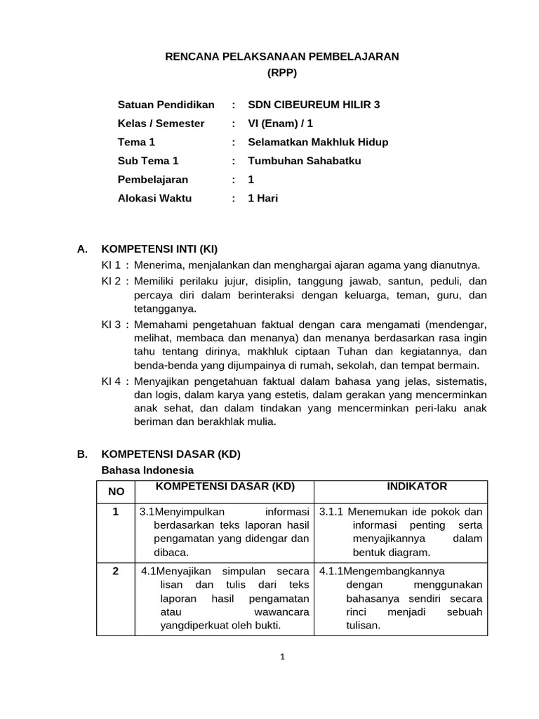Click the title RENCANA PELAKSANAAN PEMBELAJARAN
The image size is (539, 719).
[x=281, y=56]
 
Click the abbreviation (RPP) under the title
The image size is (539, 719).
[x=282, y=72]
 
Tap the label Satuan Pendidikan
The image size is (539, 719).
[x=166, y=105]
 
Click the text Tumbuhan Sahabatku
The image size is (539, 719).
[x=305, y=161]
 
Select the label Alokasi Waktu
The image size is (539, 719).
[x=154, y=198]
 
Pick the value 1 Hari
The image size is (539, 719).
[x=263, y=198]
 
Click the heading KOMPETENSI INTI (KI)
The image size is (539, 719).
[x=161, y=249]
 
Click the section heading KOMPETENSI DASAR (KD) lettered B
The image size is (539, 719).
[x=171, y=454]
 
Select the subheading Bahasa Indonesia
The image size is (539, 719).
[x=147, y=470]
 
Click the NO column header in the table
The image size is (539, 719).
[x=115, y=492]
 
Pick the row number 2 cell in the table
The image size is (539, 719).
[x=115, y=572]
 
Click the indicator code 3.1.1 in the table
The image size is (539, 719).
[x=331, y=511]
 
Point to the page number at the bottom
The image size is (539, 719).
[x=281, y=657]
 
